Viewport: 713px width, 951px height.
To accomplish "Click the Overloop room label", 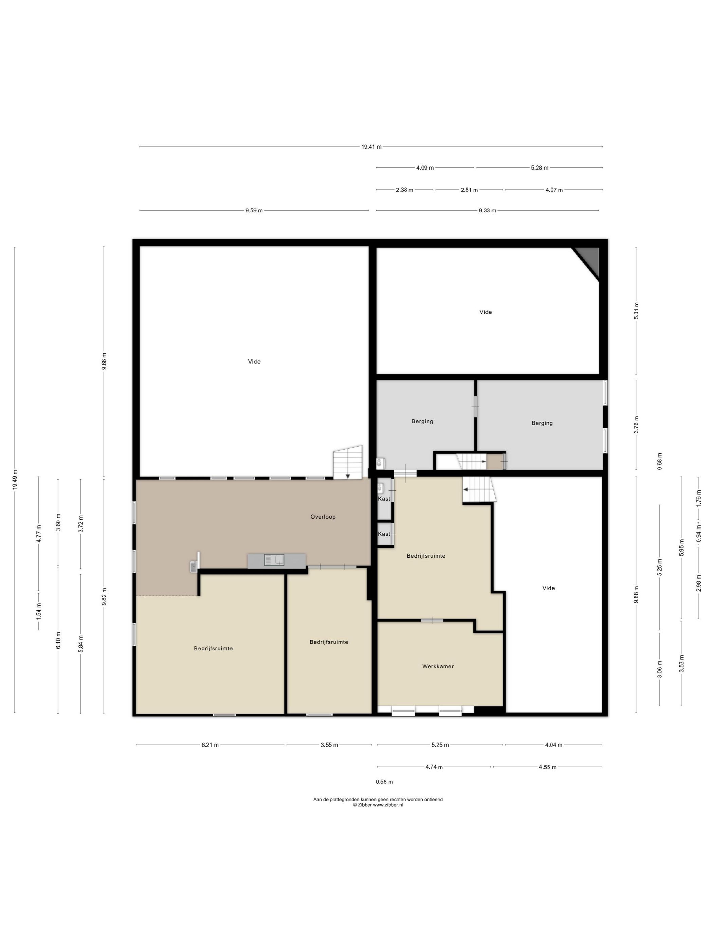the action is point(323,517).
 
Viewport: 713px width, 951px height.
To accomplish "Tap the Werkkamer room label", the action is point(438,666).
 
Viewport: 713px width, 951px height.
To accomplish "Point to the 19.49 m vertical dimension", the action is point(15,479).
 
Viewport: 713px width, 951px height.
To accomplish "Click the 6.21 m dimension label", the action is point(210,745).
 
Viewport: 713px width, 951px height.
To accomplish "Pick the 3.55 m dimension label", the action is point(329,745).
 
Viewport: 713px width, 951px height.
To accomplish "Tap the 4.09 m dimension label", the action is point(425,168).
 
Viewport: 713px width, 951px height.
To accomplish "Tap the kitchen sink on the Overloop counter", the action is point(274,560).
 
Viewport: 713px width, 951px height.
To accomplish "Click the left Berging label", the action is point(422,421).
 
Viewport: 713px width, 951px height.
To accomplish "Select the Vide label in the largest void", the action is point(254,362).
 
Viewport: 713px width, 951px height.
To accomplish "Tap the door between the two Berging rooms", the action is point(475,406).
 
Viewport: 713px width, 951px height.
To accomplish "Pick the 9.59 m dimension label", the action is point(254,210).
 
